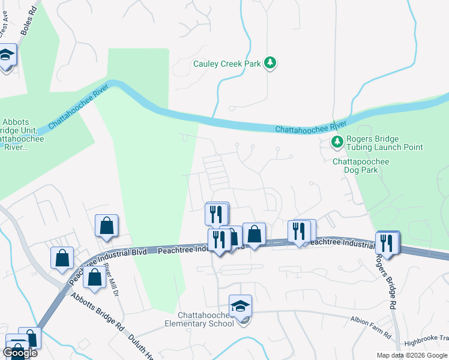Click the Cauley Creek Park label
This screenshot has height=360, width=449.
[226, 64]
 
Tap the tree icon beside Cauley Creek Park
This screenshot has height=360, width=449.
[270, 63]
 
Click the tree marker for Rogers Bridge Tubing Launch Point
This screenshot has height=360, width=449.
[337, 142]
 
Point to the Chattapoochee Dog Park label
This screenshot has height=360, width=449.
[361, 166]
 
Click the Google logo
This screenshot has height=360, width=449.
[20, 352]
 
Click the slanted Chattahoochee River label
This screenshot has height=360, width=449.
[78, 107]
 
